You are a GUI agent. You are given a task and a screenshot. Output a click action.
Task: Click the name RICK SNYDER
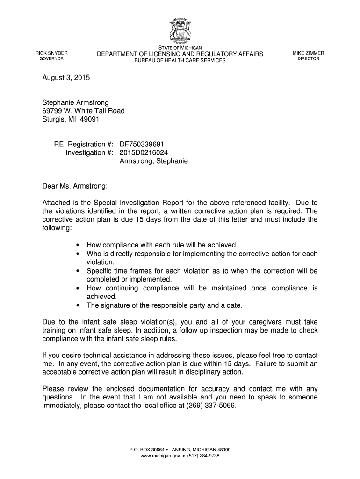point(52,53)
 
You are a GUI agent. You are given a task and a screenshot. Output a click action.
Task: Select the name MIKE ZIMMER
point(308,53)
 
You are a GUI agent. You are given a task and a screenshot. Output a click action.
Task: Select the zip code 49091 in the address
point(90,119)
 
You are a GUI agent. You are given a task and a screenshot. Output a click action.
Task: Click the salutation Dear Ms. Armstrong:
point(75,187)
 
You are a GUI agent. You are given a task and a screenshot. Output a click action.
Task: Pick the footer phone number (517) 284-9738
point(204,456)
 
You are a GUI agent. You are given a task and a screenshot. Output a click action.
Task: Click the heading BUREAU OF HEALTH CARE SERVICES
point(180,61)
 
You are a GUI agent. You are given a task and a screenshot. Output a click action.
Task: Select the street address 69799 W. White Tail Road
point(84,111)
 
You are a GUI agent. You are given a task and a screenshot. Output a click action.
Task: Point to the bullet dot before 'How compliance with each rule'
point(77,245)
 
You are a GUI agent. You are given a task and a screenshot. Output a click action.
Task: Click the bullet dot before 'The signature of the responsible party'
point(77,305)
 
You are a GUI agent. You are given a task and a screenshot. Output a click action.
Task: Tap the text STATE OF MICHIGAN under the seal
point(180,48)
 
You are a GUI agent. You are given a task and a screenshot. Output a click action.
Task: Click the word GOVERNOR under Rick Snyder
point(52,59)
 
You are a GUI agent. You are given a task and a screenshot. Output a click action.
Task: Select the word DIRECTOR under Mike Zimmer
point(308,59)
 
